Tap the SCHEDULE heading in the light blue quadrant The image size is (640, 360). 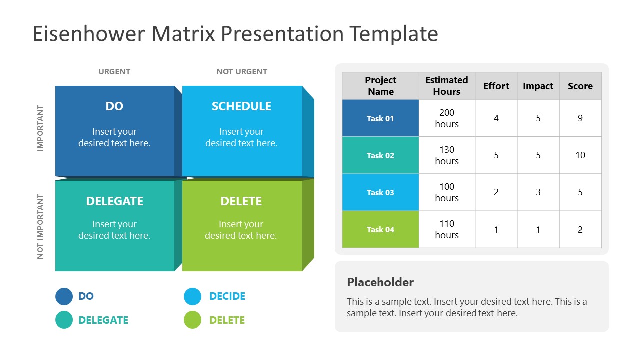241,106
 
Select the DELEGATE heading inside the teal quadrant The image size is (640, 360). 114,201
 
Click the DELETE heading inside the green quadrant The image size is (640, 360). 241,201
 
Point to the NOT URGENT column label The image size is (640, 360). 241,72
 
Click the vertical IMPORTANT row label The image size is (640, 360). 40,128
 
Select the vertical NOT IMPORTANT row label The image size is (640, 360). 40,226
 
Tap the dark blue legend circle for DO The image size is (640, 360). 64,296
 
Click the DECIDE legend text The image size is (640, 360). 227,296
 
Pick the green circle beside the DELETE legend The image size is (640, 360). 192,320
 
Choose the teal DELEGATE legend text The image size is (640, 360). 103,320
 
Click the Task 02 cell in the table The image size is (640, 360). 380,155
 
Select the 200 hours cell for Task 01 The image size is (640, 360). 447,118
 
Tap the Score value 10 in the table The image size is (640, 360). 580,155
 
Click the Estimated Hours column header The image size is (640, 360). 447,86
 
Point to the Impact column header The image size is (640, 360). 538,86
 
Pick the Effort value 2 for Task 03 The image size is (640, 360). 496,192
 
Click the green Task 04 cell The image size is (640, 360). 380,229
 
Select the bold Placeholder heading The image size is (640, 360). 380,282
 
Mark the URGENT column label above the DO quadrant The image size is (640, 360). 114,72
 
